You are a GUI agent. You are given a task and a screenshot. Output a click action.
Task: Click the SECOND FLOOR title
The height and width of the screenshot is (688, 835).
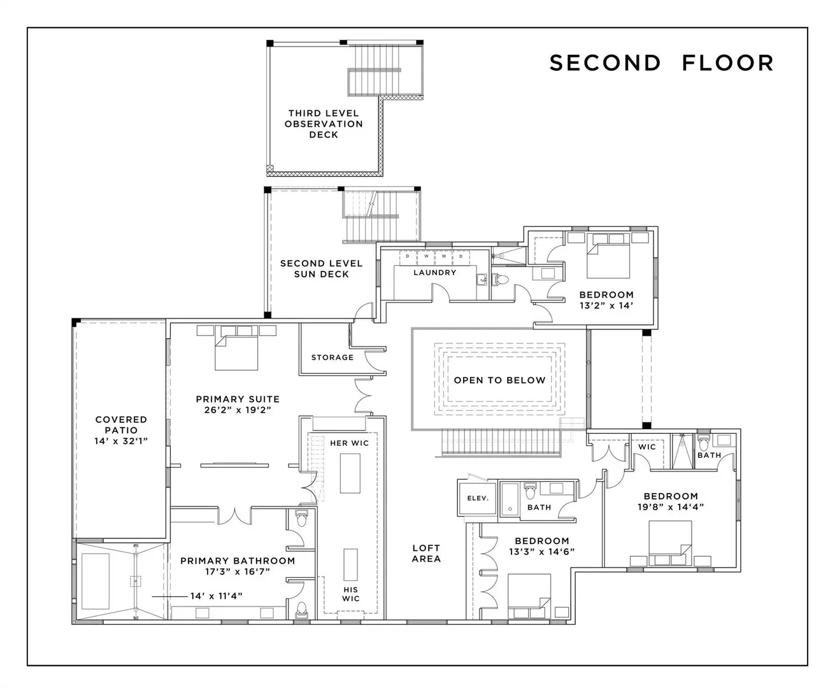662,63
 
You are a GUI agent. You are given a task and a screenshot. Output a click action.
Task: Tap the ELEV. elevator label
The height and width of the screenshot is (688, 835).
478,498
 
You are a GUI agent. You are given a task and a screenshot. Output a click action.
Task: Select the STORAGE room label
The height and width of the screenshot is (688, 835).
332,357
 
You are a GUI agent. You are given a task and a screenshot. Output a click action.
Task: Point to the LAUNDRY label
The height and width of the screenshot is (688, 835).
434,273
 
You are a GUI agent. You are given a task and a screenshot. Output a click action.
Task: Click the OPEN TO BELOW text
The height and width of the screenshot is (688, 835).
499,380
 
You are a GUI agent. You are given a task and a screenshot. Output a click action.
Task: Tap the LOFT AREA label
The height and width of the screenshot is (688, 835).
426,553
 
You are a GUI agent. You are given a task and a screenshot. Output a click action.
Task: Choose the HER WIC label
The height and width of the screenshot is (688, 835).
349,443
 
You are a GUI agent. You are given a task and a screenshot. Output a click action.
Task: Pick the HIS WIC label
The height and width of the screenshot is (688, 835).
351,594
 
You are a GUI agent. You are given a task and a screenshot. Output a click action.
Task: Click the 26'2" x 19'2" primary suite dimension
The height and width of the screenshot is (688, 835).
238,410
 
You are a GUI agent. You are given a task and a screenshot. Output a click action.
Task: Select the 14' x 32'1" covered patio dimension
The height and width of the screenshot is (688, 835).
121,441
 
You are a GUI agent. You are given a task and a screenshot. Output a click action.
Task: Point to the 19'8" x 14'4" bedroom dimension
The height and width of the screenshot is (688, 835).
671,507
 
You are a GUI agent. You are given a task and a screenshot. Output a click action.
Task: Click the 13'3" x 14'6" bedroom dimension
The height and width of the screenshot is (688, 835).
542,552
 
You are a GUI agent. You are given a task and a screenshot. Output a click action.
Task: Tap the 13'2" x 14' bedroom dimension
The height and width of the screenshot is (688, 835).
606,306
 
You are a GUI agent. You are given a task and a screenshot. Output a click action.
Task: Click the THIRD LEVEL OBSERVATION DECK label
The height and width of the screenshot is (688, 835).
324,124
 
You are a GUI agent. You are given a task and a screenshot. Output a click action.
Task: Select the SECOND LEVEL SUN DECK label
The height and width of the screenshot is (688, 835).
322,269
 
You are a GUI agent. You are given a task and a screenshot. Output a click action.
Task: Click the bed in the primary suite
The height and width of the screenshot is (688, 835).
236,352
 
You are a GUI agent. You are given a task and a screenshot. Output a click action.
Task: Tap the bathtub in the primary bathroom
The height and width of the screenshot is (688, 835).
96,581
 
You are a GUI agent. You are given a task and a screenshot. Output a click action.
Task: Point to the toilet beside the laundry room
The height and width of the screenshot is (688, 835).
499,279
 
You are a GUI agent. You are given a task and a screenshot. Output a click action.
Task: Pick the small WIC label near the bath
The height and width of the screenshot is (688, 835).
646,447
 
